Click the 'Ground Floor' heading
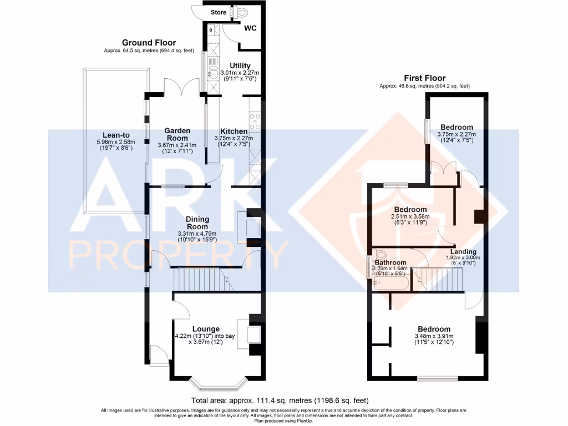149,43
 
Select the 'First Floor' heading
424,78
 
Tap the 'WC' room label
250,29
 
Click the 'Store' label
219,12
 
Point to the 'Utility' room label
240,66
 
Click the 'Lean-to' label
116,134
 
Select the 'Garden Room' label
177,135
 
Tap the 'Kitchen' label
234,131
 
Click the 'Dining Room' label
197,223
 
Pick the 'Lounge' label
206,329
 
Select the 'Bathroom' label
390,262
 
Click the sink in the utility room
212,72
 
